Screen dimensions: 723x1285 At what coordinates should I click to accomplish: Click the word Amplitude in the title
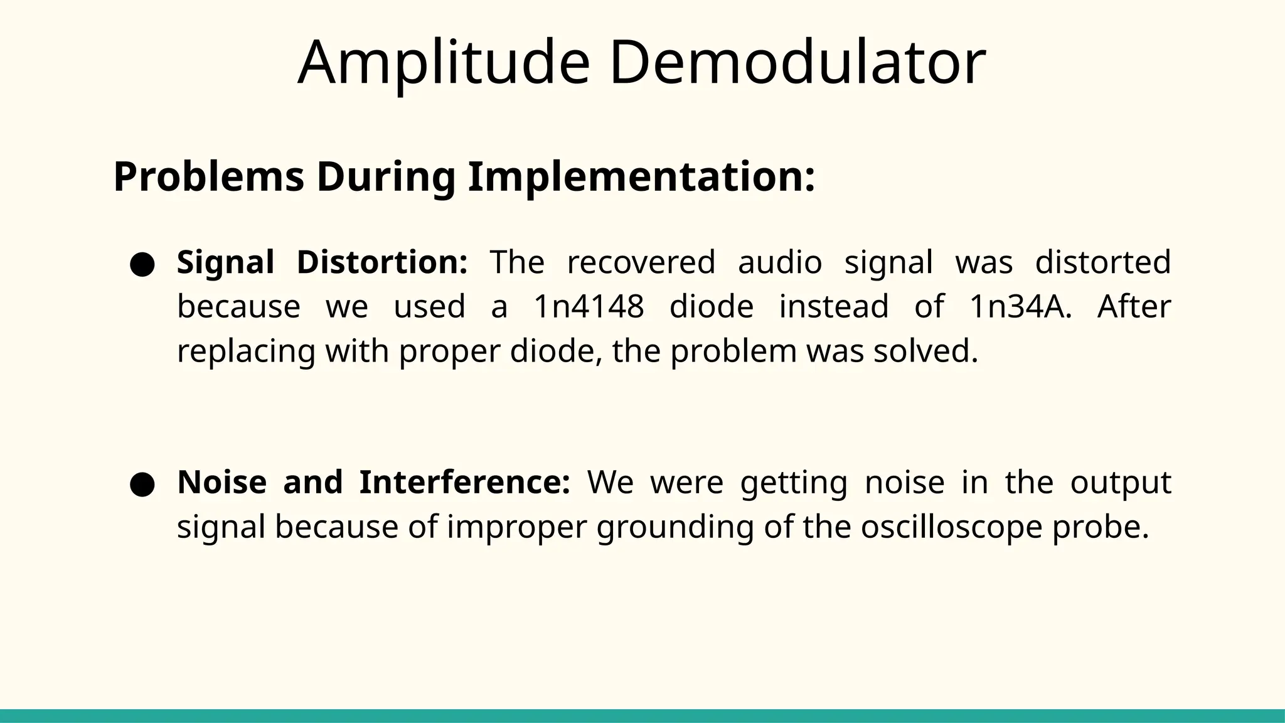click(444, 63)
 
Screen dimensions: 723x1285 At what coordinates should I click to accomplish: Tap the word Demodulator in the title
click(797, 63)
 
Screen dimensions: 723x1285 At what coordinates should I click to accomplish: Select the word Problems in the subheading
click(208, 177)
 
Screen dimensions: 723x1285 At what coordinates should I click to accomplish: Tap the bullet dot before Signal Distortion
click(142, 264)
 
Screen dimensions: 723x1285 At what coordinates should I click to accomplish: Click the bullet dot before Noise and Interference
click(142, 485)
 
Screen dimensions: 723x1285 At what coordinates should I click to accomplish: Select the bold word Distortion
click(382, 262)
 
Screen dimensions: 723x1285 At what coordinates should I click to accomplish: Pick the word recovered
click(641, 262)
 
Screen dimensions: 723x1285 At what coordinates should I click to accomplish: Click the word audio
click(780, 262)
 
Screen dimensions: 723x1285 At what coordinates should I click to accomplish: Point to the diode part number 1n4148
click(589, 307)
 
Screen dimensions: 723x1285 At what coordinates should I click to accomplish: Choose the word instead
click(834, 307)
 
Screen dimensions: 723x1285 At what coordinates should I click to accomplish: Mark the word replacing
click(246, 351)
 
